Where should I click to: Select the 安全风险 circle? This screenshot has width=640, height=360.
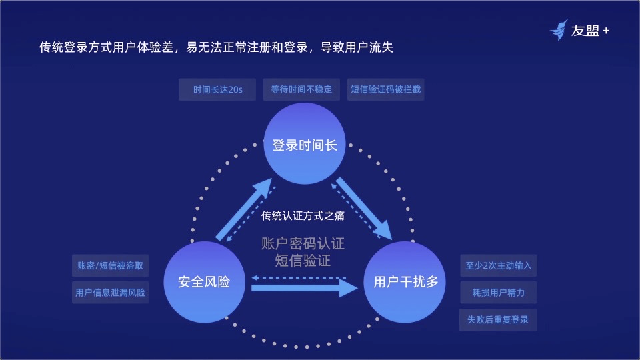click(203, 282)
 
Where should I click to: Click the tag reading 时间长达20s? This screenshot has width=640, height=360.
click(217, 89)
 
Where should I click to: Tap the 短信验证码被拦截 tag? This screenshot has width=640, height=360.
click(386, 89)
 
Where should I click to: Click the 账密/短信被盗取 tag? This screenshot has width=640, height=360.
click(110, 265)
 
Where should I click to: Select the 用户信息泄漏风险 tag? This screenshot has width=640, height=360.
click(110, 292)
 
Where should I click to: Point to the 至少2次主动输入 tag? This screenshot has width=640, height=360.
click(498, 265)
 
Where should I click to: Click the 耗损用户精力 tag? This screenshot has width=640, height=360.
click(498, 292)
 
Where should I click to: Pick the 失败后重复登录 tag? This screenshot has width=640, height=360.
click(498, 319)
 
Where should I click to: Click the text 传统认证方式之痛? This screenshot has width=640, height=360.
click(303, 215)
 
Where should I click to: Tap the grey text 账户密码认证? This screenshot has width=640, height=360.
click(303, 243)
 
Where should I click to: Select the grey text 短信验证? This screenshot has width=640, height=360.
click(303, 261)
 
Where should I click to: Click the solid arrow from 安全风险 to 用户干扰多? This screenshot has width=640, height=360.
click(303, 288)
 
